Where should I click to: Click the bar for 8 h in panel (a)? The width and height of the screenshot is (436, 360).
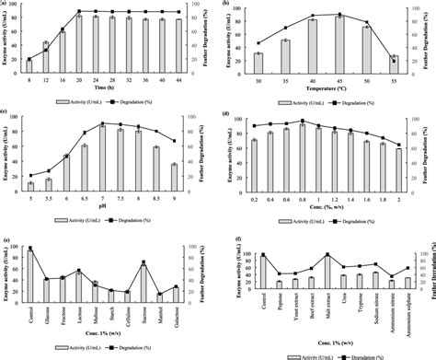[29, 65]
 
